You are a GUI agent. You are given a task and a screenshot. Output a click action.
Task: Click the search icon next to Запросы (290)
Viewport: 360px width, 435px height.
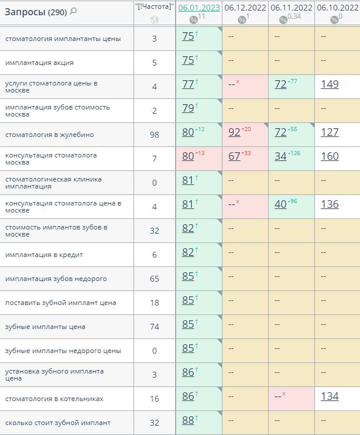click(x=73, y=11)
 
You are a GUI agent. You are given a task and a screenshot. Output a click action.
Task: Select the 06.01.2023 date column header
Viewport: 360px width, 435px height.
click(x=199, y=8)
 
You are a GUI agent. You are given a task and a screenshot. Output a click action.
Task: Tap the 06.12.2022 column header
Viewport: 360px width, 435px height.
click(x=245, y=8)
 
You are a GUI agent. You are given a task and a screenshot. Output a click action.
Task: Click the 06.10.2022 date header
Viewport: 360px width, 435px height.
click(x=337, y=8)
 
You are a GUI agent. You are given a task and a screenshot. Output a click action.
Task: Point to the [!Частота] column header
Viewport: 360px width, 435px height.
click(x=154, y=6)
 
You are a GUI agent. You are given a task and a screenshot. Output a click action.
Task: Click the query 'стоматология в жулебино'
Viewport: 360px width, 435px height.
click(x=49, y=135)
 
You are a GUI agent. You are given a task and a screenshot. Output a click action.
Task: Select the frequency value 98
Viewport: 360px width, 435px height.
click(x=154, y=135)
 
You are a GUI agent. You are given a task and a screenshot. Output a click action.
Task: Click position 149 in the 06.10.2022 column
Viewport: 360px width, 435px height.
click(x=330, y=84)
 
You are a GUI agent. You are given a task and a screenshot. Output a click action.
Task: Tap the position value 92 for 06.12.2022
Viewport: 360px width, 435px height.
click(x=234, y=132)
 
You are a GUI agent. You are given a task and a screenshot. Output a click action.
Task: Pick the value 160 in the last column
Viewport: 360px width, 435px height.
click(x=330, y=156)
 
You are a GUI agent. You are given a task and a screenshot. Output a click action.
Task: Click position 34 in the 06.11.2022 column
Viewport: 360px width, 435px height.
click(x=280, y=156)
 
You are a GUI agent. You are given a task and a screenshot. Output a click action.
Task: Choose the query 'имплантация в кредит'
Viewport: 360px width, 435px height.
click(x=44, y=255)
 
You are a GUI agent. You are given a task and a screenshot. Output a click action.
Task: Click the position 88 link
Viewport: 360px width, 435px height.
click(x=188, y=420)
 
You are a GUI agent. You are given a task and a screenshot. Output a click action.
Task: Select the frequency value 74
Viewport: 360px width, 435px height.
click(x=154, y=327)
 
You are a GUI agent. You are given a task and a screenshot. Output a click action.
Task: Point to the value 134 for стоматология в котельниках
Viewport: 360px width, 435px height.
click(x=330, y=396)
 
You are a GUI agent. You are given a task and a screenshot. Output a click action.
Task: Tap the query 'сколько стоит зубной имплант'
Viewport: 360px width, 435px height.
click(x=57, y=423)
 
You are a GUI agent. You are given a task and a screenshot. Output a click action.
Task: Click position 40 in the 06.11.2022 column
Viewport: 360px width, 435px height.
click(x=280, y=204)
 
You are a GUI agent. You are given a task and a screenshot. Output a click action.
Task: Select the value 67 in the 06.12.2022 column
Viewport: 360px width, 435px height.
click(x=234, y=156)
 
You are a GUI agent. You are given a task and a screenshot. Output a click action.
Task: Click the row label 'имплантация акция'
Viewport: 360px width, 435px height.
click(x=39, y=63)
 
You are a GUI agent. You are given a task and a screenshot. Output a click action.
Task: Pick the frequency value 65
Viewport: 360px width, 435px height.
click(x=154, y=279)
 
